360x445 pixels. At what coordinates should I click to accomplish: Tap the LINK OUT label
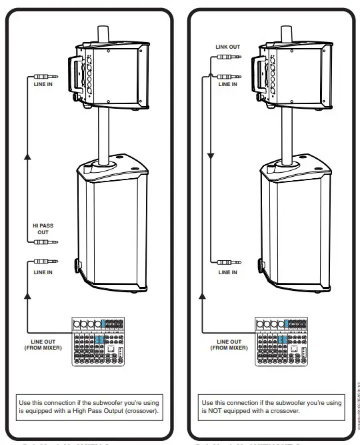(x=228, y=47)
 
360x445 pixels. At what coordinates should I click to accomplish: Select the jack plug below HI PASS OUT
(x=43, y=244)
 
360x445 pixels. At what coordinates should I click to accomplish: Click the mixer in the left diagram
(x=99, y=340)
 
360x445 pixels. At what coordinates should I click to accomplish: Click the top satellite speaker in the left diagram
(x=110, y=75)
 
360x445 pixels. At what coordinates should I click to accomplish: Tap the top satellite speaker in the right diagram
(x=294, y=75)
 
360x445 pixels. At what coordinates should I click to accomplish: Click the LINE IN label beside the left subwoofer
(x=43, y=272)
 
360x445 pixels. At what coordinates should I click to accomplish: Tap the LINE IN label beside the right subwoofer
(x=228, y=272)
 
